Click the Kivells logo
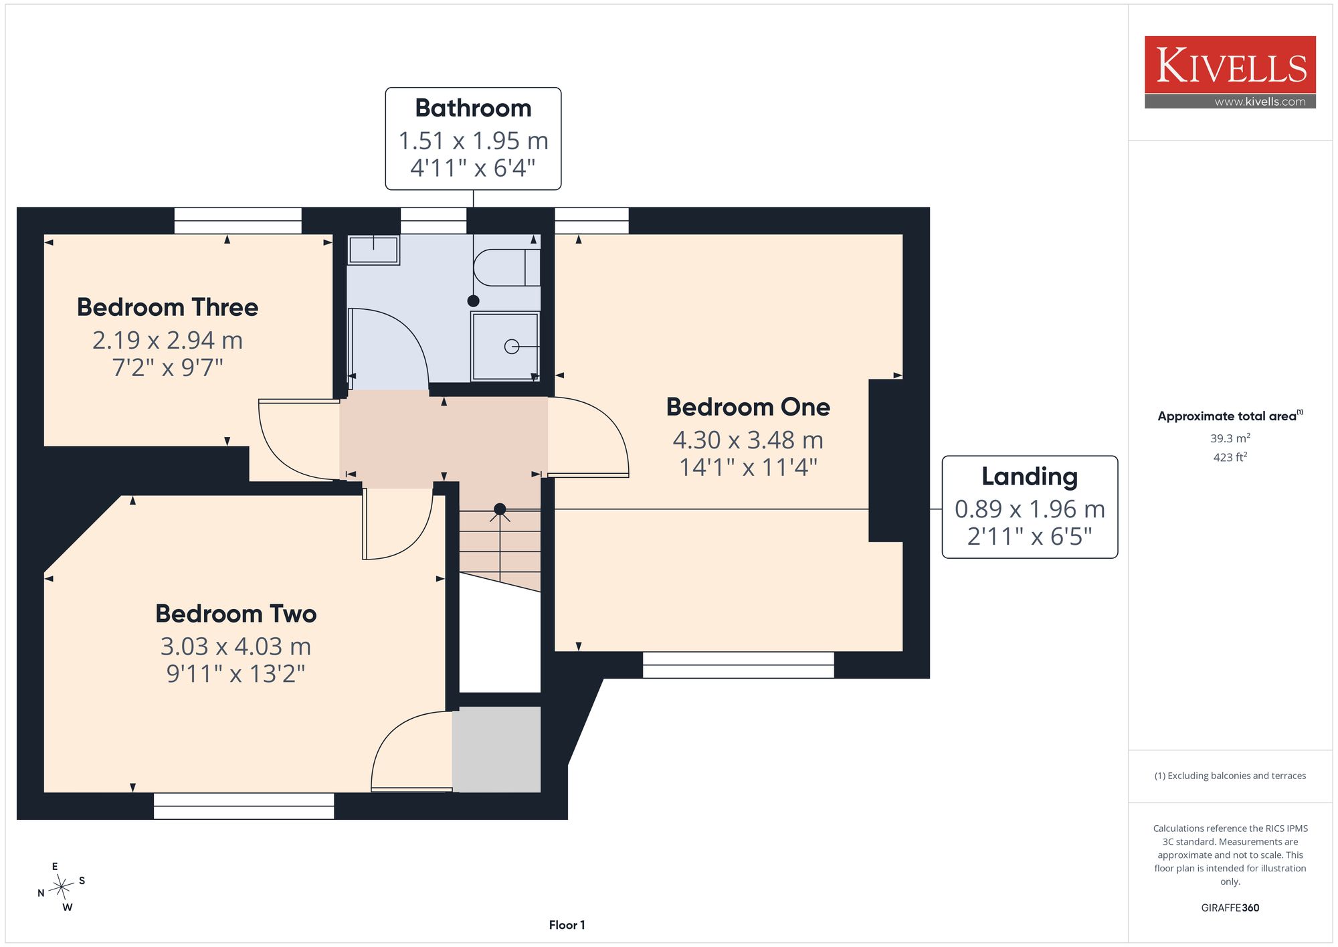pos(1230,72)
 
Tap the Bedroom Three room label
pos(167,307)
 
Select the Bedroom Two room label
pos(235,614)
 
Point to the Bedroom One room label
pos(748,407)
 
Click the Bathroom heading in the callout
pos(473,108)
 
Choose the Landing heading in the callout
pos(1030,477)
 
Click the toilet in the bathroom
pos(507,268)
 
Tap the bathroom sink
pos(373,250)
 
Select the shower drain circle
pos(512,347)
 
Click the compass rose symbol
pos(62,887)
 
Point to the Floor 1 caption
pos(567,925)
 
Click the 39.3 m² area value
pos(1230,438)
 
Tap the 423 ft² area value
pos(1230,457)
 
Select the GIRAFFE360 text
pos(1230,908)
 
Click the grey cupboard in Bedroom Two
pos(496,750)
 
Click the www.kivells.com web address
pos(1260,102)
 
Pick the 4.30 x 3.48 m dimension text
pos(748,440)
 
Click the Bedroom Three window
pos(237,221)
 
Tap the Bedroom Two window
pos(244,806)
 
